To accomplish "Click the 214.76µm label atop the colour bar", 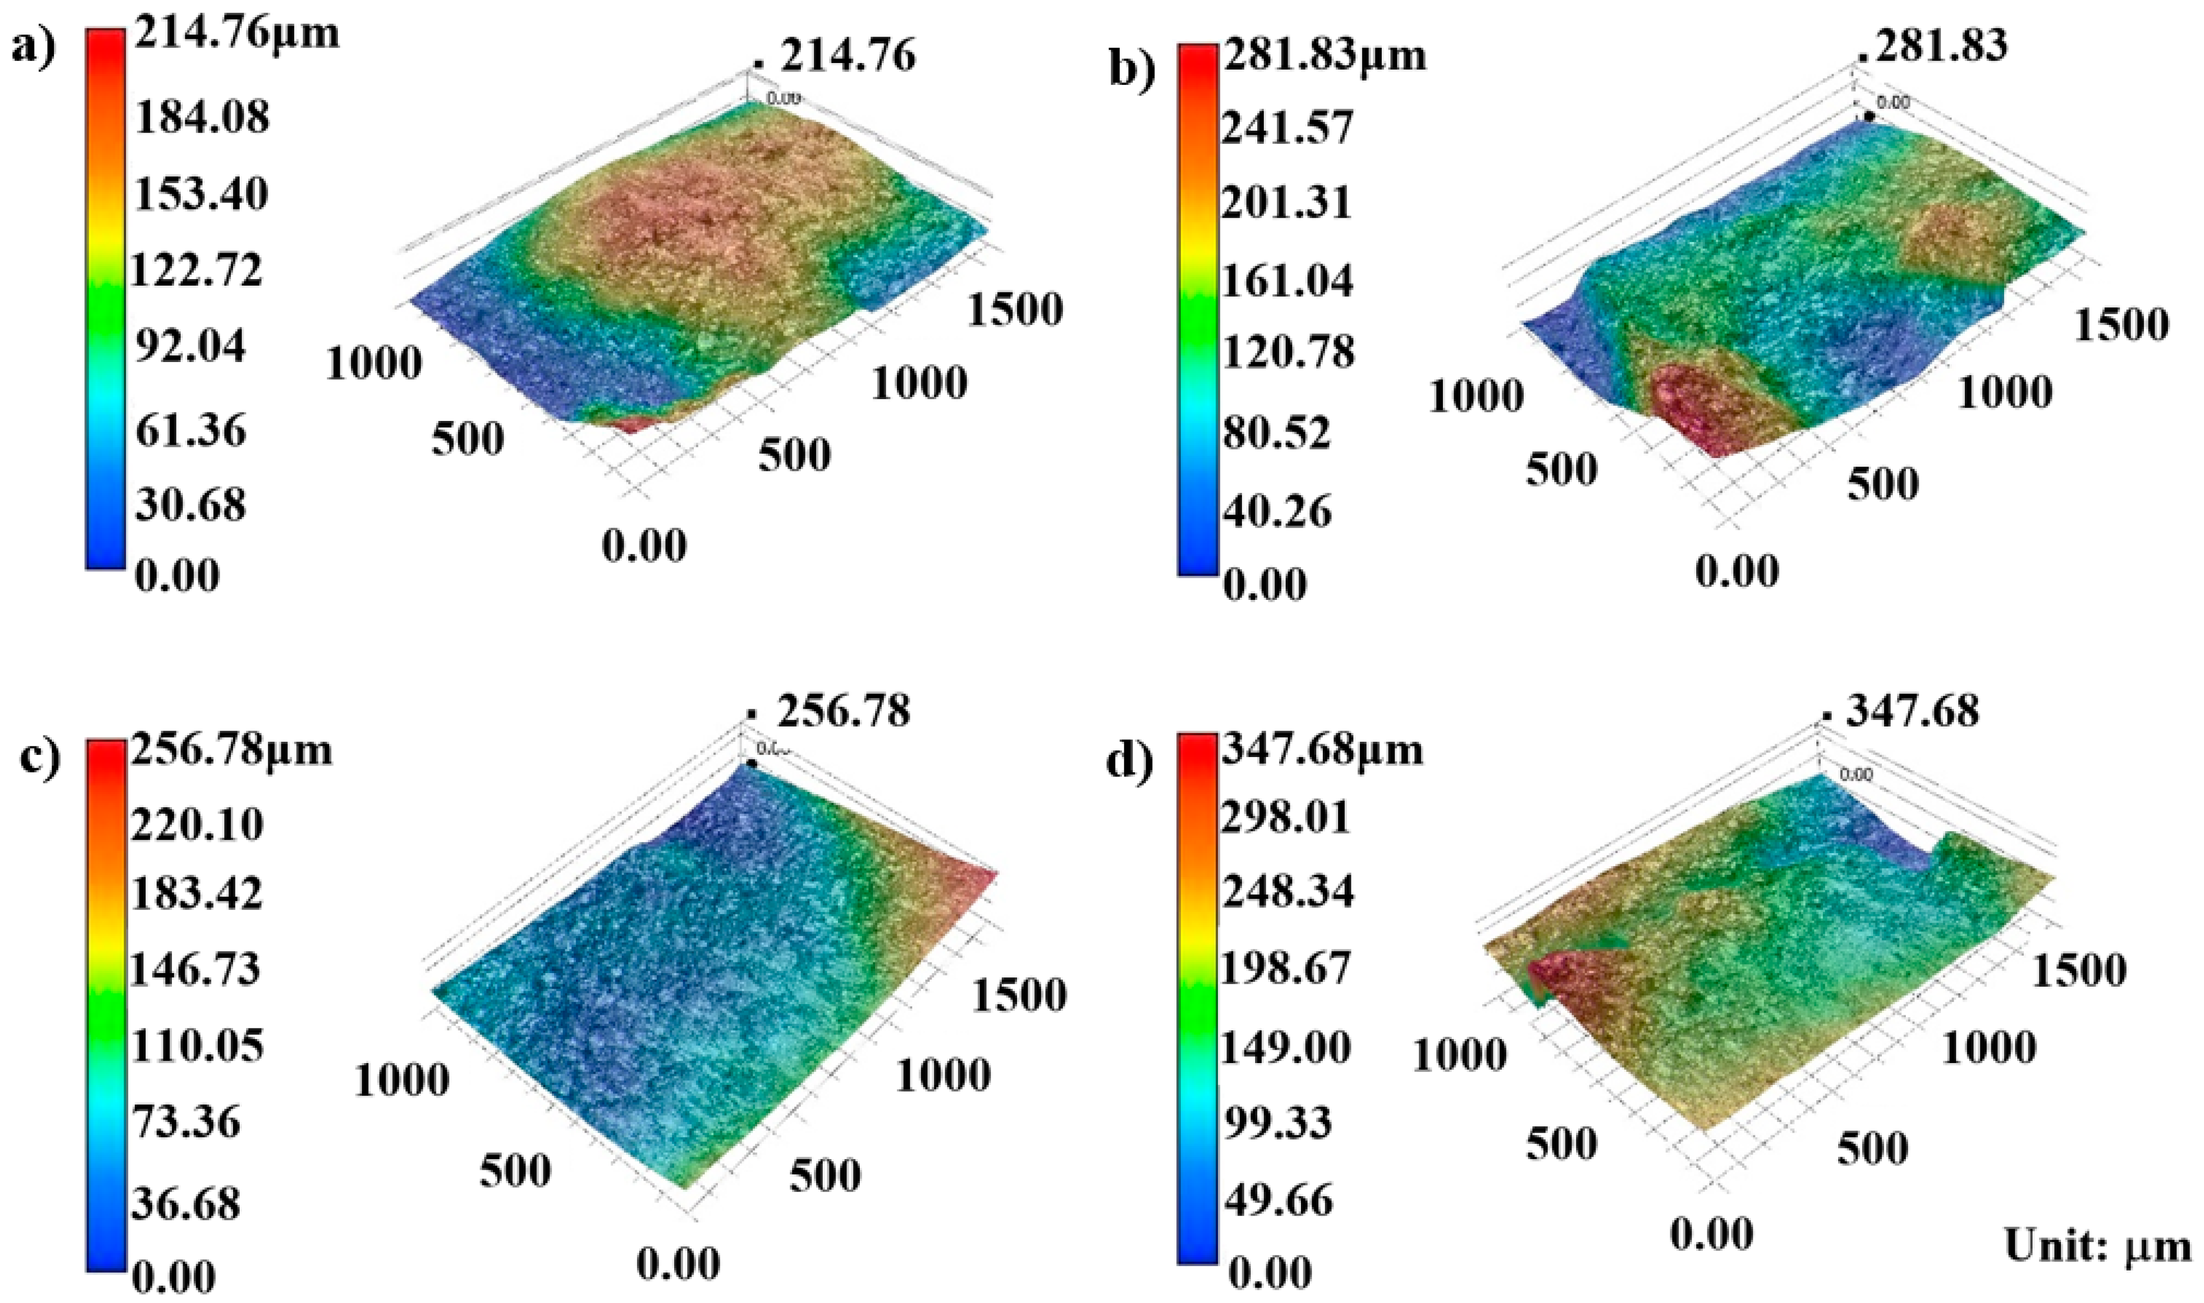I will [236, 35].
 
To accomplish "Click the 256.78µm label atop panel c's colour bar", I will [232, 751].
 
